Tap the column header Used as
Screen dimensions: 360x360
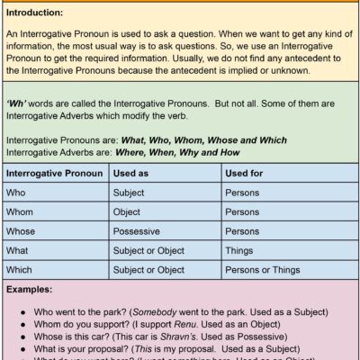132,172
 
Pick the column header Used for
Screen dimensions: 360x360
246,172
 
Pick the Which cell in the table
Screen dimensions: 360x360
19,269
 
